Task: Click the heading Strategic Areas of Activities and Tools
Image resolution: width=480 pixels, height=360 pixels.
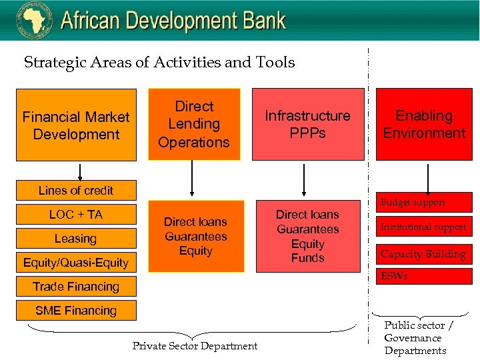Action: click(159, 63)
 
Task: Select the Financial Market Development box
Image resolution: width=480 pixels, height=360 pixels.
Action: click(76, 125)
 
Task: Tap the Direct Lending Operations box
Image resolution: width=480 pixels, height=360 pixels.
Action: click(194, 125)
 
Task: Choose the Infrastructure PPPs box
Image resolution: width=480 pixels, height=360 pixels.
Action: click(307, 125)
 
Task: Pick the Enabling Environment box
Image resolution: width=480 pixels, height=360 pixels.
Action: click(424, 125)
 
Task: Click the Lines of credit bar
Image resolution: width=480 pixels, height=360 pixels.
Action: click(76, 191)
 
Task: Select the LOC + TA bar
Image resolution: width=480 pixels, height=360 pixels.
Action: click(76, 215)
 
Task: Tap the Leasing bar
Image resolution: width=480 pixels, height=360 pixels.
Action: click(76, 239)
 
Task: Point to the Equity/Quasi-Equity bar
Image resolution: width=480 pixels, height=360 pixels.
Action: click(76, 263)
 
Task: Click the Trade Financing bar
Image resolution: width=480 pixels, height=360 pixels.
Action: click(76, 287)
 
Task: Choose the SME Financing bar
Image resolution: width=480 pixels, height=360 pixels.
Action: click(76, 311)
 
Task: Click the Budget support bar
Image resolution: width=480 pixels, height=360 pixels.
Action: click(424, 203)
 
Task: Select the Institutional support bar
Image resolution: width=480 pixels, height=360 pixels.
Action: click(424, 227)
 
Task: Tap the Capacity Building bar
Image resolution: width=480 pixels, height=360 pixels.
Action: click(424, 254)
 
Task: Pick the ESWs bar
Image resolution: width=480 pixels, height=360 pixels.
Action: click(424, 276)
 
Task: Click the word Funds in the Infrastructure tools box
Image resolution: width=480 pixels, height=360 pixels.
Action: click(307, 258)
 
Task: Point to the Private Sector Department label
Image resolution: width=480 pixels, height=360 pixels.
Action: click(195, 346)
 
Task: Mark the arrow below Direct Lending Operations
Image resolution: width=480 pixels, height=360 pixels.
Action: click(193, 179)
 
